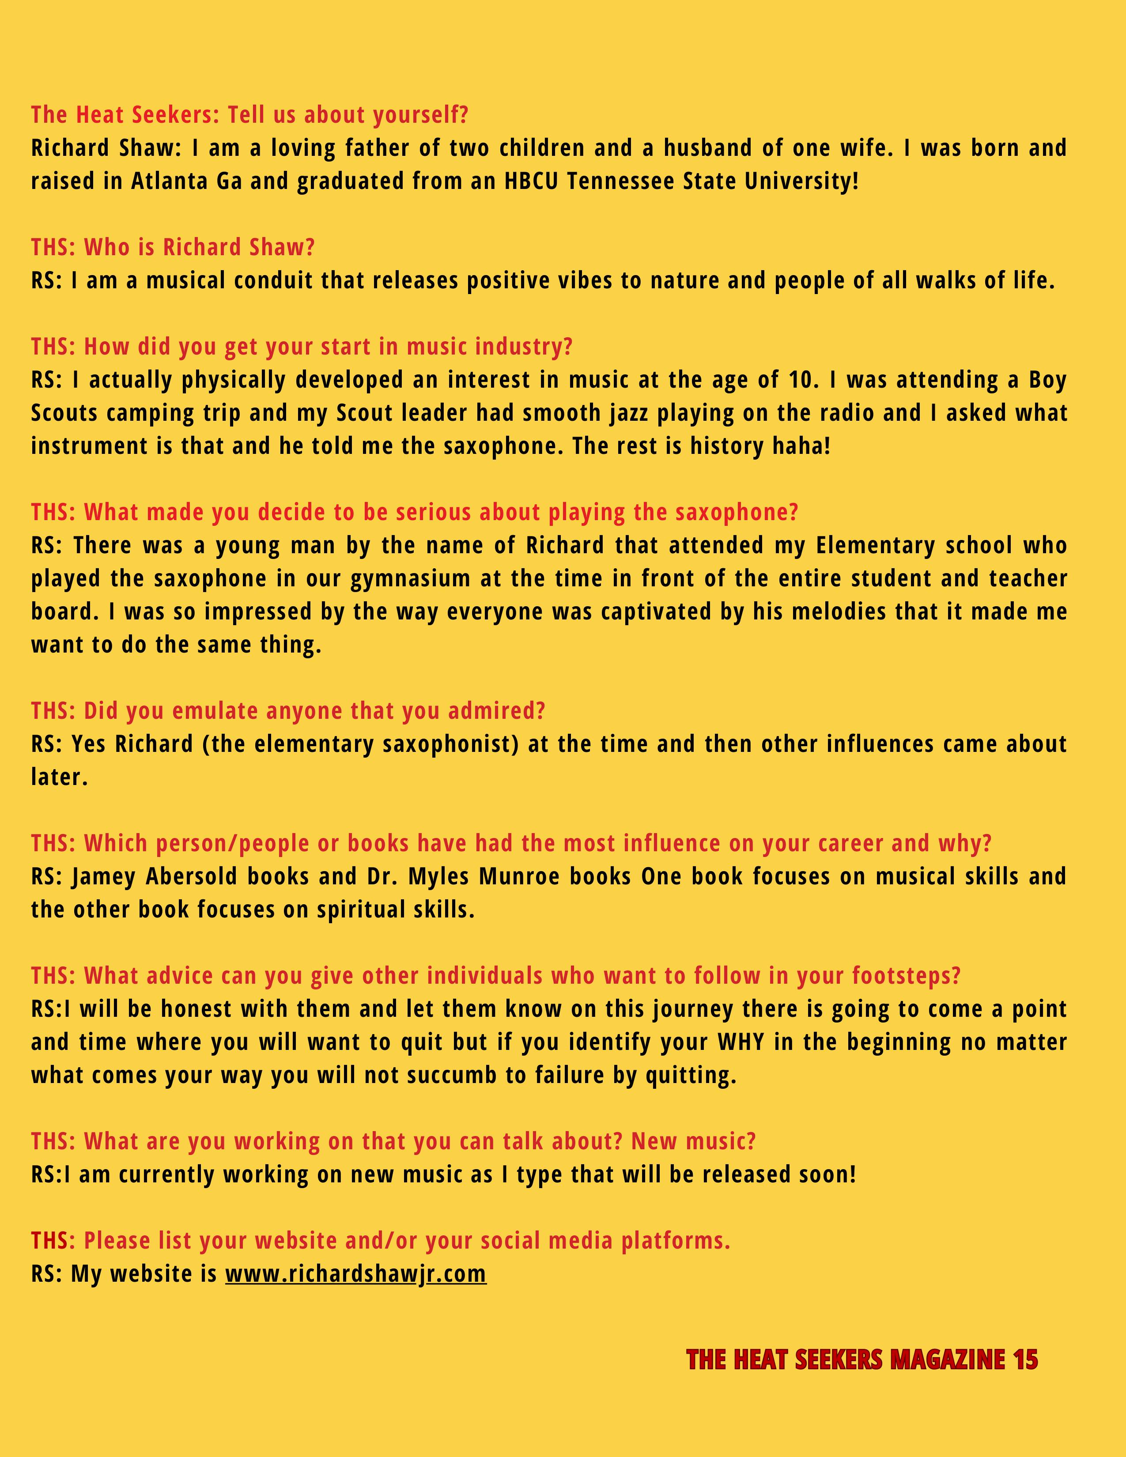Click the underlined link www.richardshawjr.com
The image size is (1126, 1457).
click(355, 1273)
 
